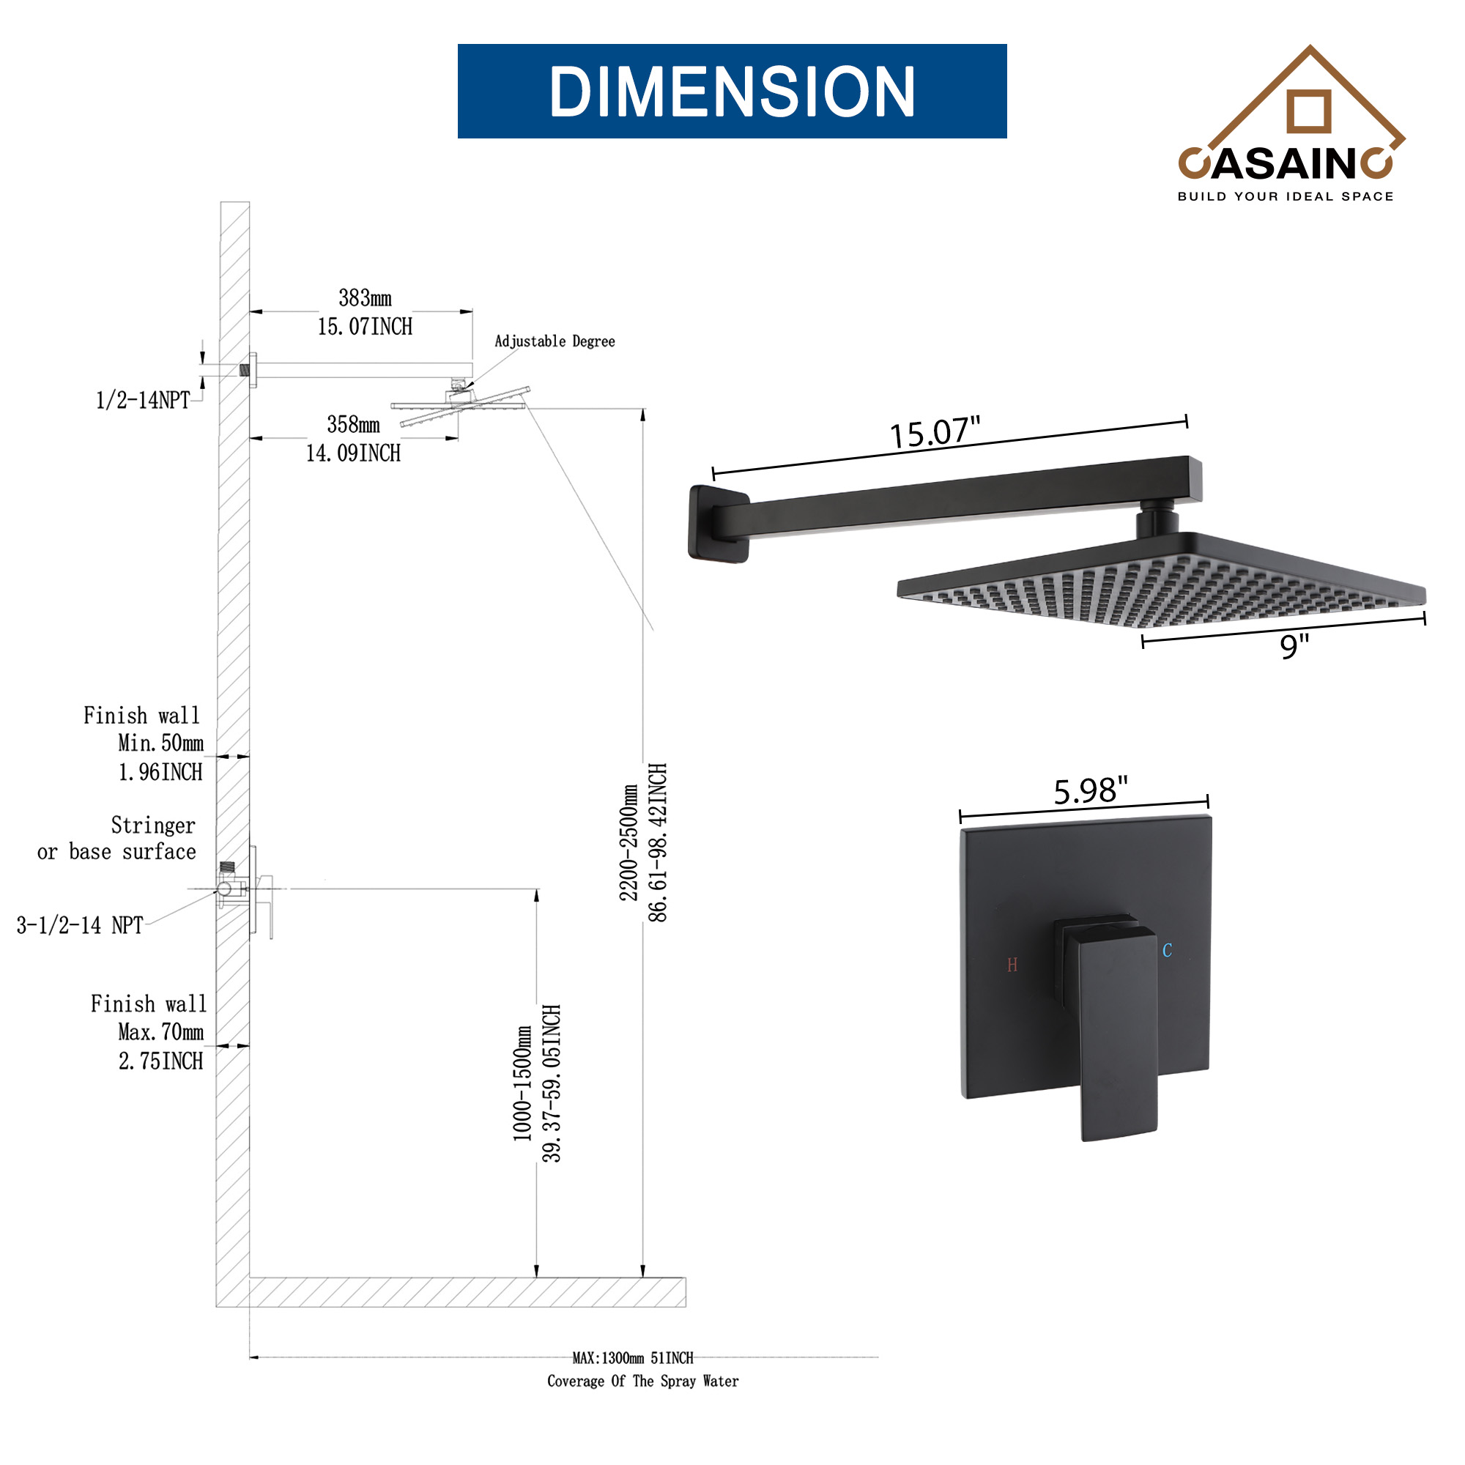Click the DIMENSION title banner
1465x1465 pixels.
(732, 91)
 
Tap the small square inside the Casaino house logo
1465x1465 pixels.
(1309, 111)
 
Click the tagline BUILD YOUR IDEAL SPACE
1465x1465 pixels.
(1286, 196)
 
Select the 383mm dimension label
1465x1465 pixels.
(365, 298)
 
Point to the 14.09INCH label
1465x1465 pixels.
(353, 453)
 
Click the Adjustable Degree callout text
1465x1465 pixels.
(555, 341)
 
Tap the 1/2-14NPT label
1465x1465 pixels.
(143, 401)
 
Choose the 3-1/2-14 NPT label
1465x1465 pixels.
(81, 925)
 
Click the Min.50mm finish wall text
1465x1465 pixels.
(160, 743)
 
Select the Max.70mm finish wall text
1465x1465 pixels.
(160, 1032)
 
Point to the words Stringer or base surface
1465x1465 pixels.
(117, 839)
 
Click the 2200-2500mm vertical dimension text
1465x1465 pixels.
(629, 842)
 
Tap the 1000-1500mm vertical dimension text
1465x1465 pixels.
(523, 1083)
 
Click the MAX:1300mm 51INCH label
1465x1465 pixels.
(632, 1358)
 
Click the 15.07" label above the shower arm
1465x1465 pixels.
(934, 433)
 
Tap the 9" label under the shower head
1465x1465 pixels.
(1294, 647)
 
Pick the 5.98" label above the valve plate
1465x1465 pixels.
(1091, 791)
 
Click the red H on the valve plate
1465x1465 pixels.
(1012, 965)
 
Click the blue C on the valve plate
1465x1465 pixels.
(1167, 951)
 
